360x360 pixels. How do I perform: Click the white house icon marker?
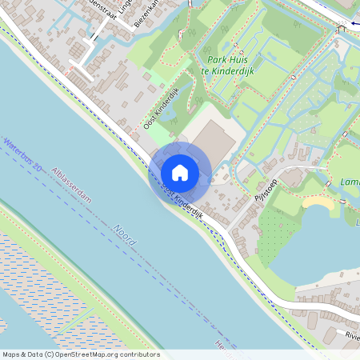(180, 173)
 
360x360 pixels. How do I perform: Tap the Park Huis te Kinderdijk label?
(235, 64)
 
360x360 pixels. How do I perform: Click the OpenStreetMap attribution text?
(81, 354)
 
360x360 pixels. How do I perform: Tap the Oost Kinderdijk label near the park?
(160, 114)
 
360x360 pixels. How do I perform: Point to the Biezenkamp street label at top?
(147, 12)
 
